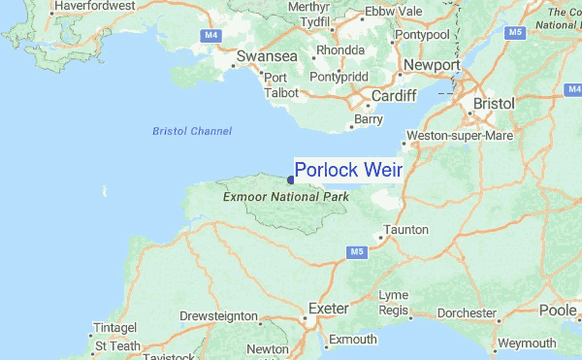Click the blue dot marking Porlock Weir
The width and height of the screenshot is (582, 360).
tap(291, 180)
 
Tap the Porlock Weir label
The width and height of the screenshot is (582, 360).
tap(347, 170)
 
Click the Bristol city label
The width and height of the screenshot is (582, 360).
tap(497, 103)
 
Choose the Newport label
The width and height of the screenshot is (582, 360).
tap(432, 65)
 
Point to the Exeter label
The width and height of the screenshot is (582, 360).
tap(328, 309)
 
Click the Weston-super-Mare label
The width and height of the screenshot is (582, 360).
tap(460, 135)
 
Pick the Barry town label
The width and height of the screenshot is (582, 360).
tap(370, 119)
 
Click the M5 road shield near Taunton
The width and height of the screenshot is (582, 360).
tap(356, 252)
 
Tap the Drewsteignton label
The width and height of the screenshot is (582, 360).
tap(218, 316)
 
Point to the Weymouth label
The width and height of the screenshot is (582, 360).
tap(527, 344)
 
